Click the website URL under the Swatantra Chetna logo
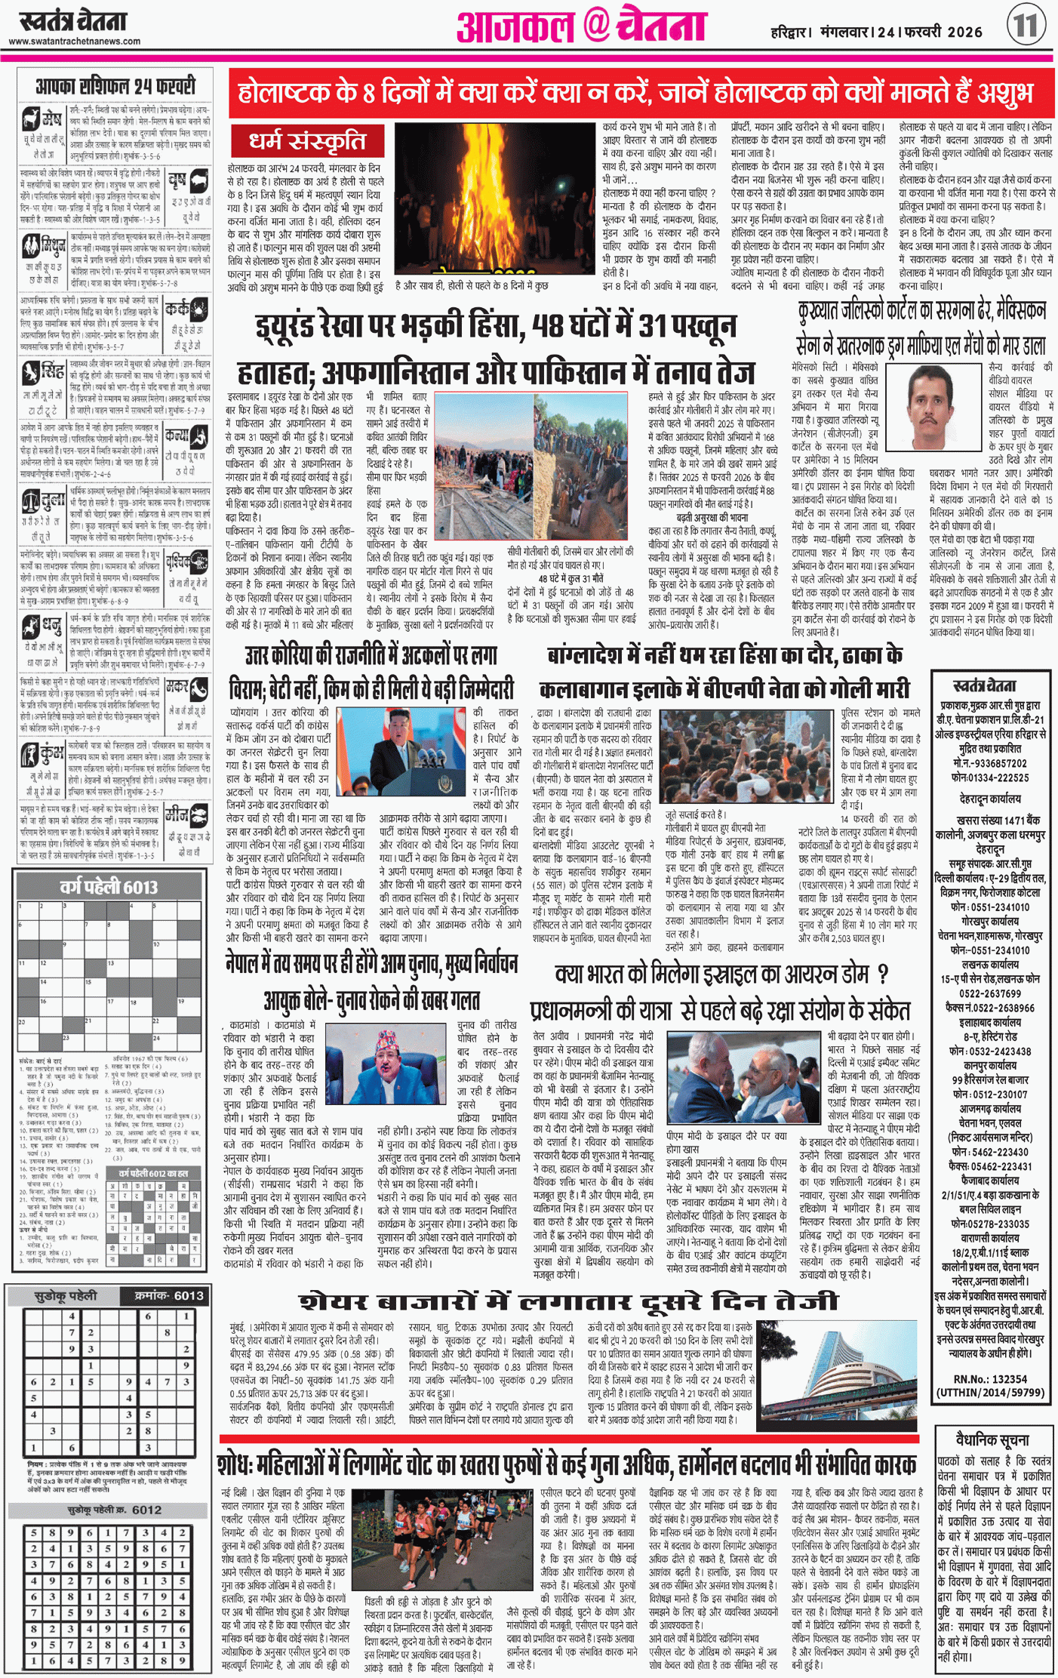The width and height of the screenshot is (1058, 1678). tap(75, 42)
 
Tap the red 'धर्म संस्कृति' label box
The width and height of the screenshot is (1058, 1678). tap(308, 142)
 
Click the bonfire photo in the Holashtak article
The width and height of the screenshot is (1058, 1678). tap(494, 198)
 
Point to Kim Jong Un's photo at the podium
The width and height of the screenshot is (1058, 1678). tap(401, 751)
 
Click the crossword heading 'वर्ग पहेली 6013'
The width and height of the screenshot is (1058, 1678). tap(109, 887)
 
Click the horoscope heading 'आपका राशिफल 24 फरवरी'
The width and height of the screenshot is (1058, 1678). tap(115, 86)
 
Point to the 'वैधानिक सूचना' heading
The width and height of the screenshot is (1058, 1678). tap(992, 1439)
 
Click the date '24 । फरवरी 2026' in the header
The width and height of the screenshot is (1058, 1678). tap(926, 32)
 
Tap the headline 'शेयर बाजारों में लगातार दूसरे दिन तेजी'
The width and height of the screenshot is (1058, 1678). tap(570, 1301)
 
